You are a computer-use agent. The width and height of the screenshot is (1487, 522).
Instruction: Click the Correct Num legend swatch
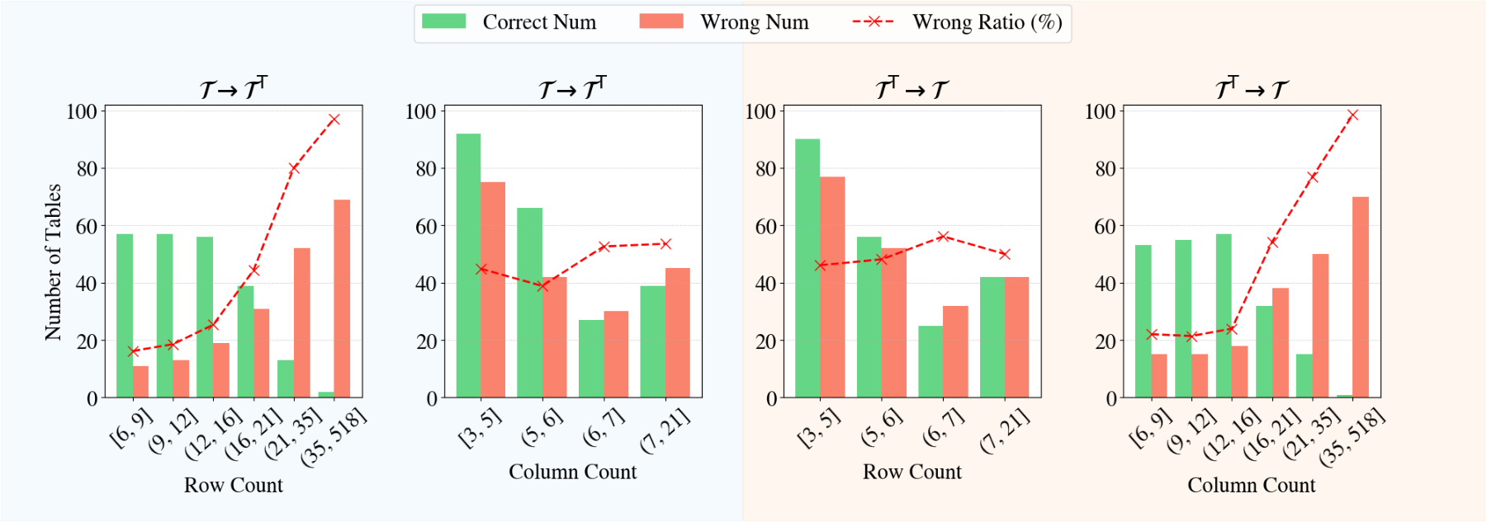pos(443,21)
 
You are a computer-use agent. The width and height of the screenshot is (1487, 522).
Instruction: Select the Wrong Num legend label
pos(754,22)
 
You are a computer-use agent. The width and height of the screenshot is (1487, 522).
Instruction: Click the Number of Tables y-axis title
pos(53,262)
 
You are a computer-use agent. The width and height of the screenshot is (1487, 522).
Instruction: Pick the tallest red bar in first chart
pos(342,299)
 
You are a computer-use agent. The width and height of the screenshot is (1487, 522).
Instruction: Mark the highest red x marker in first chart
pos(334,120)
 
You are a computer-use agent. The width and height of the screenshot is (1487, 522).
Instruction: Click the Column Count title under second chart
pos(572,472)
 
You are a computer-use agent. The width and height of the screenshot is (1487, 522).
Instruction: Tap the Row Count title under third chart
pos(912,472)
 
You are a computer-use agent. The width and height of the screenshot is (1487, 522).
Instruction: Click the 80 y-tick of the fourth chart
pos(1105,169)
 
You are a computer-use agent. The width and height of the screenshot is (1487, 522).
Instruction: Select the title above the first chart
pos(234,88)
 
